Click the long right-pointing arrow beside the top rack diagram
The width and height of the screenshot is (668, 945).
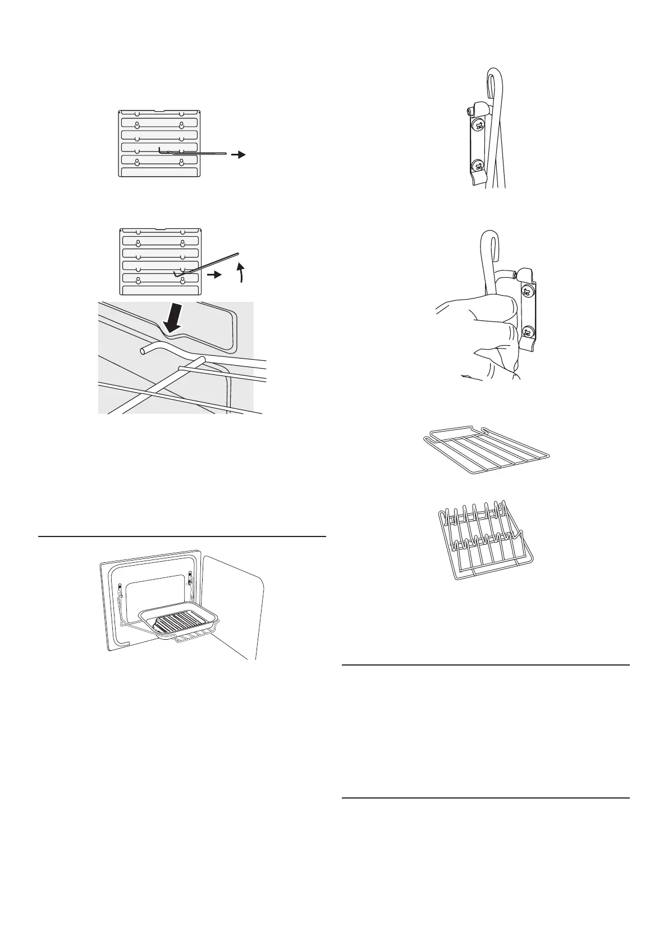coord(239,155)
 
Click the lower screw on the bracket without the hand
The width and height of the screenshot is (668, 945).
coord(478,165)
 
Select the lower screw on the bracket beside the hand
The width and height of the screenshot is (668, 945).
coord(527,331)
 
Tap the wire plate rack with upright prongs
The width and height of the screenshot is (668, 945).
coord(484,539)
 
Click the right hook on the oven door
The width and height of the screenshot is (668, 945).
coord(190,578)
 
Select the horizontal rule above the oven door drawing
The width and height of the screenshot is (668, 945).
coord(182,537)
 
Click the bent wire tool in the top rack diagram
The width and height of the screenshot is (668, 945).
coord(191,151)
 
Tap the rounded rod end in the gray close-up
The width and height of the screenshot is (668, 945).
coord(144,350)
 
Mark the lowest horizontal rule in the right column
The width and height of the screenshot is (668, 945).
coord(486,798)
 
